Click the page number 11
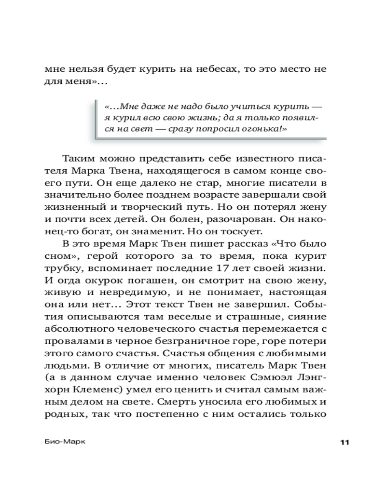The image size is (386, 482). tap(344, 443)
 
